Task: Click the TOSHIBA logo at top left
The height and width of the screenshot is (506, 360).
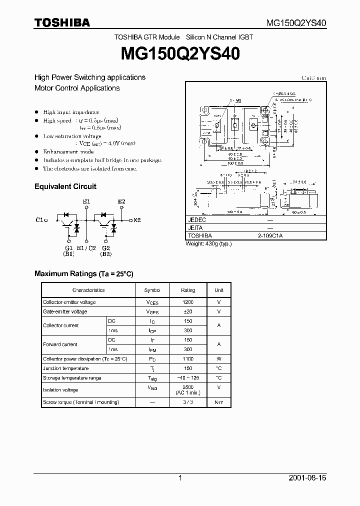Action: click(62, 22)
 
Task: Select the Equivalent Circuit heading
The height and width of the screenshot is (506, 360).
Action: click(65, 186)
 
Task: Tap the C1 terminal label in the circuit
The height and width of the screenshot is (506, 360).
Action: click(41, 220)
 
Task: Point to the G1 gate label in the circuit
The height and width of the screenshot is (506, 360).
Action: click(68, 247)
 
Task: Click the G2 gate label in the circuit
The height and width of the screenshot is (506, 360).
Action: click(105, 247)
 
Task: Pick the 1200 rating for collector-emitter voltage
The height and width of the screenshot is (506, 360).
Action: click(188, 302)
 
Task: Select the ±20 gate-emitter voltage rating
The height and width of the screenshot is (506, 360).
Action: click(188, 311)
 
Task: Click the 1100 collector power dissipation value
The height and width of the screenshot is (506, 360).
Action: click(188, 359)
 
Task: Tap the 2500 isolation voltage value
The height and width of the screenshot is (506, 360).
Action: click(188, 387)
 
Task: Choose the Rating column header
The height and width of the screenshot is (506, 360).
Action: click(188, 290)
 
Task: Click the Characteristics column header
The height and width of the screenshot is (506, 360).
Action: click(88, 290)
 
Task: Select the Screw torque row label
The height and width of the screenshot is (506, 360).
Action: click(81, 402)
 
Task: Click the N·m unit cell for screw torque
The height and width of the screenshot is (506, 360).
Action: click(218, 402)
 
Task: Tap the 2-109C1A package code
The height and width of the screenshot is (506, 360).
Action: click(270, 235)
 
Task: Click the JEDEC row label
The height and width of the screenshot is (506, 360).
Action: click(197, 220)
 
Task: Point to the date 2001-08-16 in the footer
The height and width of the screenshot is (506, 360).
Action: click(307, 478)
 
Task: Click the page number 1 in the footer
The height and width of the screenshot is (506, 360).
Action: click(180, 478)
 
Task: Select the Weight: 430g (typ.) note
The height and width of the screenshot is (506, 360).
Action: click(208, 243)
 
